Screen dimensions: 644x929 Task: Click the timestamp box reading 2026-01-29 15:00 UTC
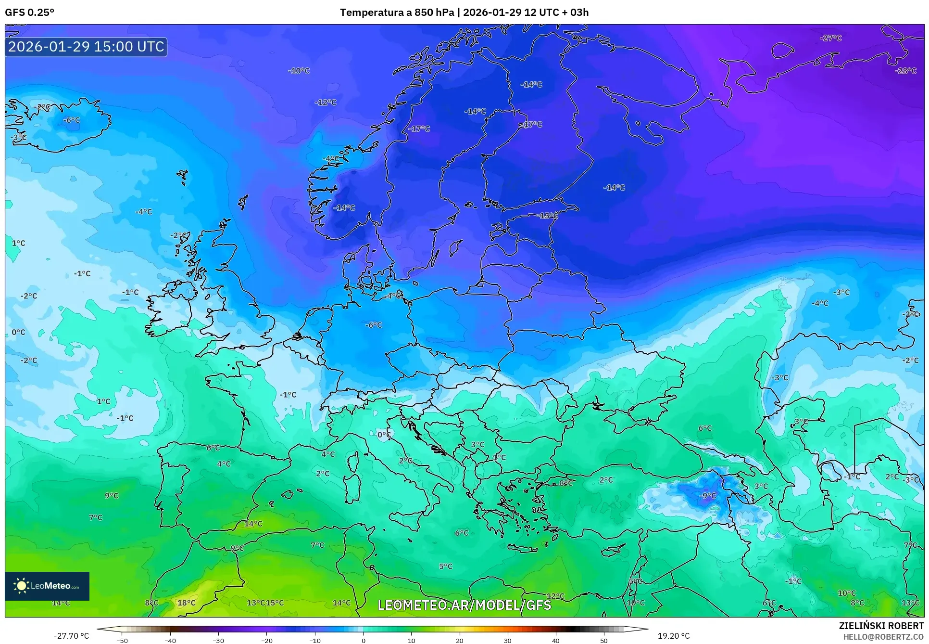86,47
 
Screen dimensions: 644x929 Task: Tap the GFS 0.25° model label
29,13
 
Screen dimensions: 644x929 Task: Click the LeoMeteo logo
47,586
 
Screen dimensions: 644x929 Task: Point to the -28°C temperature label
905,71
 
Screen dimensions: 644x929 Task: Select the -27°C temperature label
830,38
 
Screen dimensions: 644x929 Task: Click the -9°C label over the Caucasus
707,495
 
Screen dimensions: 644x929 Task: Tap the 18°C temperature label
187,603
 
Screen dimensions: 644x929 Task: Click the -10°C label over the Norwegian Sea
299,71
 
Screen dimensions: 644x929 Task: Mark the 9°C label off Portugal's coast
112,495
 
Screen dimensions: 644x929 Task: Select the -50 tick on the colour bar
122,641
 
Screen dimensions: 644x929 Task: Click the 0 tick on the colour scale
363,641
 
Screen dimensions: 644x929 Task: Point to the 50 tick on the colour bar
604,641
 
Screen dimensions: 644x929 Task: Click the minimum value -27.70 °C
72,636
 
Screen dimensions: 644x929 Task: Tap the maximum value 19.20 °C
674,636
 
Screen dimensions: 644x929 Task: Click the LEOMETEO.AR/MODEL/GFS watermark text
464,605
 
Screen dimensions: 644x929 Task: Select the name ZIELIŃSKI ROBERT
881,626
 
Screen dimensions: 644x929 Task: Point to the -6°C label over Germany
374,325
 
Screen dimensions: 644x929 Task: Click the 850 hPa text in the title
434,13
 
